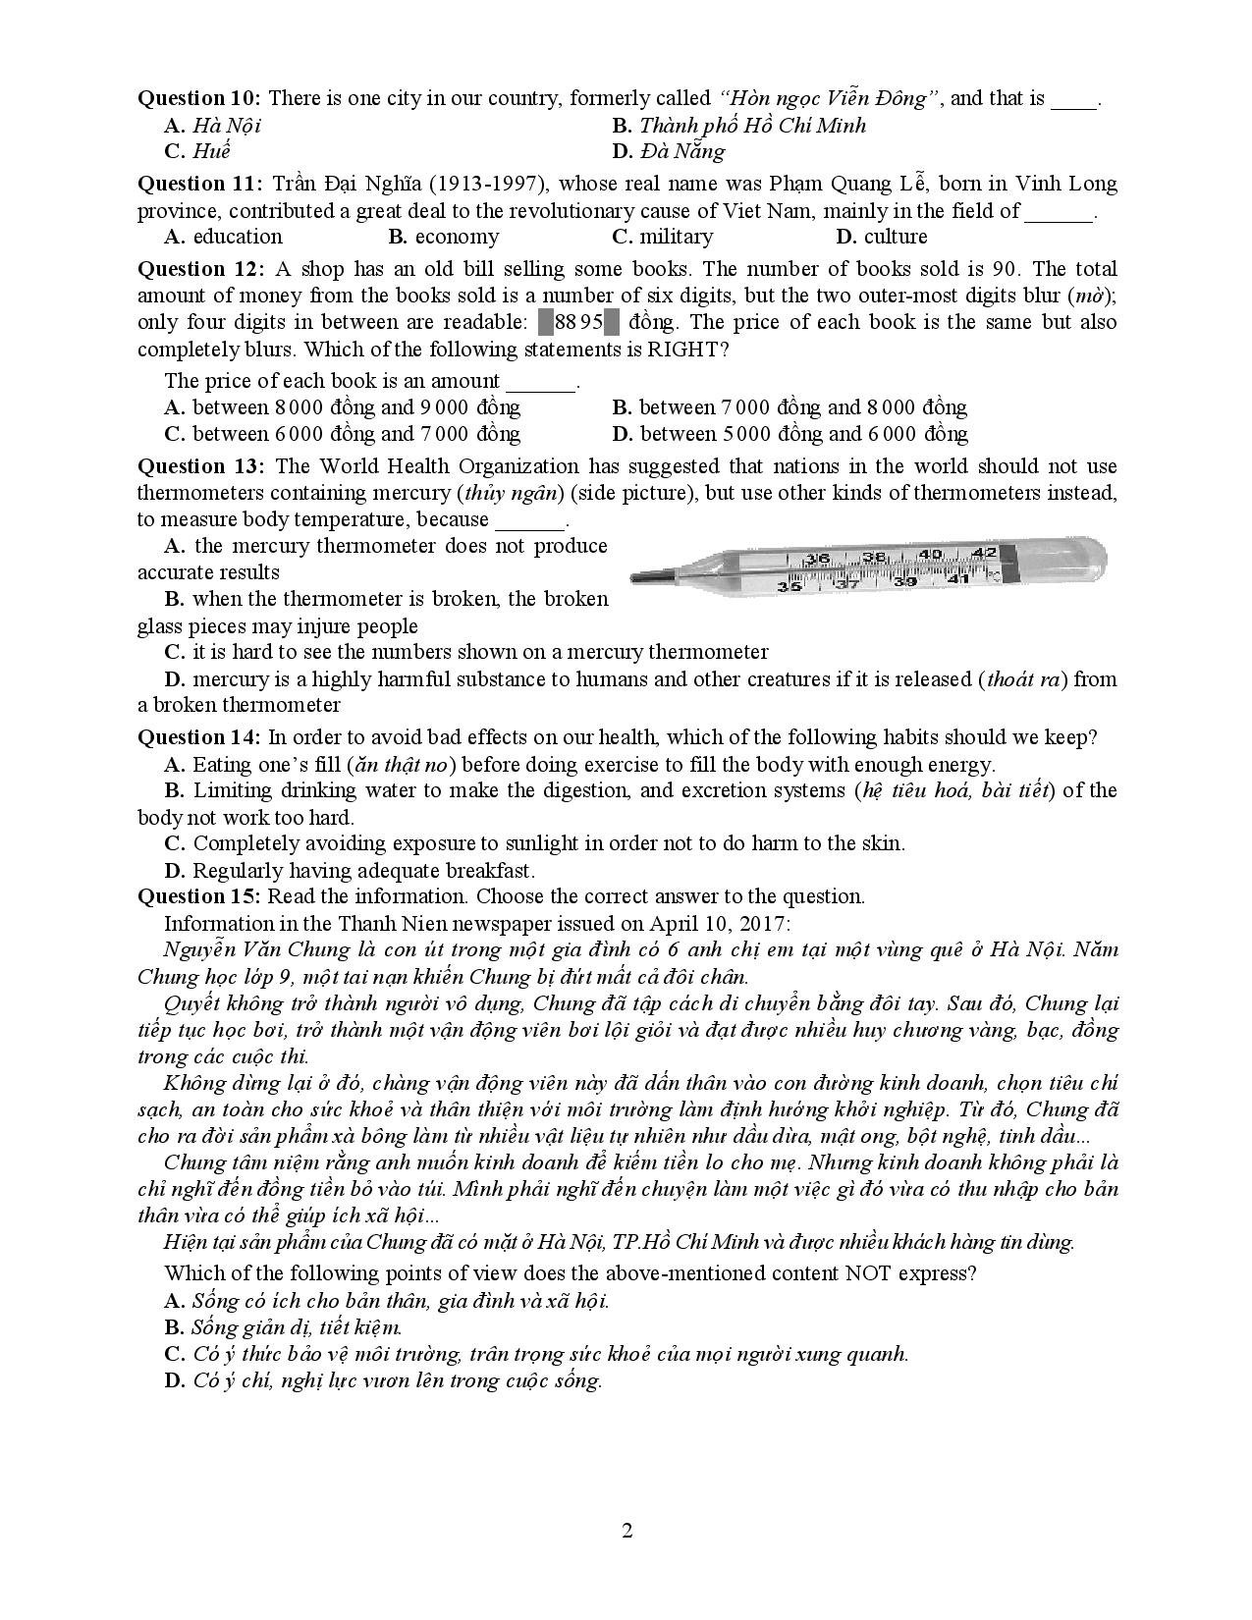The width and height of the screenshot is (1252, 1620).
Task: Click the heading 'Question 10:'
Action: [x=198, y=98]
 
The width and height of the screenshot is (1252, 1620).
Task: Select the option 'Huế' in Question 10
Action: [x=211, y=151]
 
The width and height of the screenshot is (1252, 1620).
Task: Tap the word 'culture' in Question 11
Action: [x=896, y=237]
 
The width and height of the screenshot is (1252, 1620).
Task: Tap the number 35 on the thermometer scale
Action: [x=789, y=586]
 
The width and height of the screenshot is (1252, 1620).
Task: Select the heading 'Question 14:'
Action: [x=198, y=737]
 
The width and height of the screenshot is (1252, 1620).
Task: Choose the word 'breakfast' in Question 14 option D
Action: [x=488, y=871]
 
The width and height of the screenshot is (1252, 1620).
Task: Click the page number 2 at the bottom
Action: [x=626, y=1531]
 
